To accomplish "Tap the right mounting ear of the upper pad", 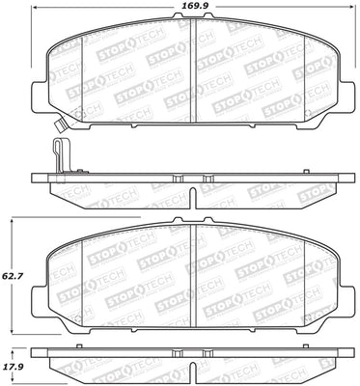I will point(345,96).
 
